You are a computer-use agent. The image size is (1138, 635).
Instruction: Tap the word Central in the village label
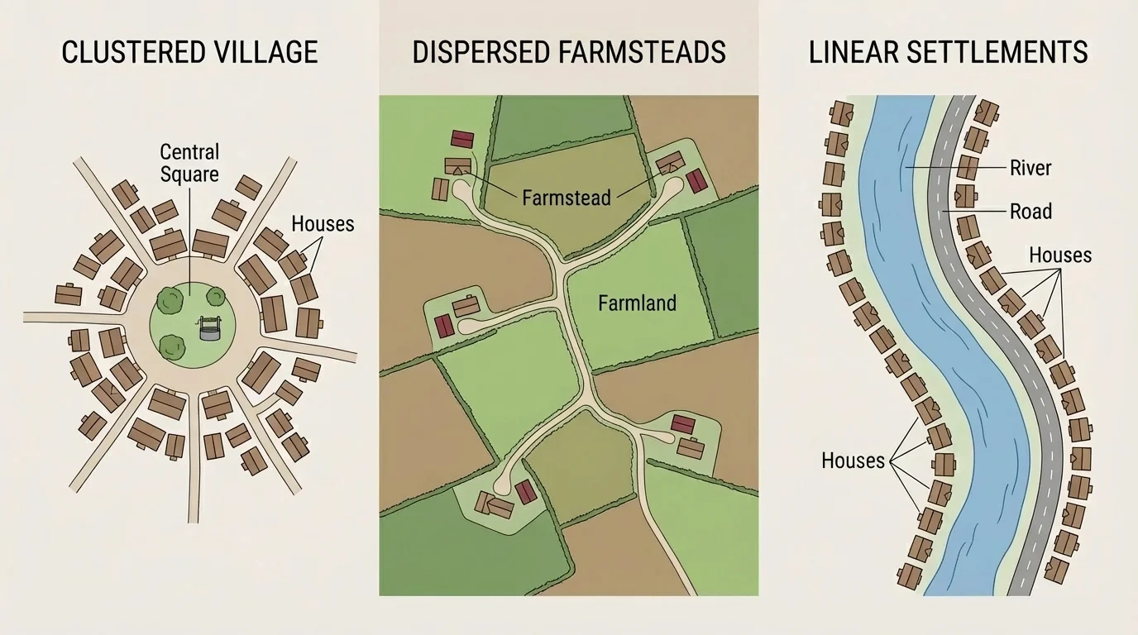pyautogui.click(x=189, y=152)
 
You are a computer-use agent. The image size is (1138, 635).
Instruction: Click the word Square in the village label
pyautogui.click(x=189, y=174)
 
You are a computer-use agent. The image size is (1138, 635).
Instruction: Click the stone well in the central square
pyautogui.click(x=210, y=330)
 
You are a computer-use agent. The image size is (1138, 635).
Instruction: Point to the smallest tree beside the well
pyautogui.click(x=216, y=296)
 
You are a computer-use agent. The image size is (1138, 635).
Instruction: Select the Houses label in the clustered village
pyautogui.click(x=323, y=223)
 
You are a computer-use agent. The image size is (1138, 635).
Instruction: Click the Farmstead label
pyautogui.click(x=567, y=198)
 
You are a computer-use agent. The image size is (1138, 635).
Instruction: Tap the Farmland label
pyautogui.click(x=637, y=303)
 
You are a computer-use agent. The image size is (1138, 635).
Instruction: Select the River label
pyautogui.click(x=1030, y=168)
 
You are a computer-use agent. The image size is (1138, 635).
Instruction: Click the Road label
pyautogui.click(x=1030, y=212)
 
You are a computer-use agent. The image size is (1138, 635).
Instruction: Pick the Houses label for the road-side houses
pyautogui.click(x=1059, y=255)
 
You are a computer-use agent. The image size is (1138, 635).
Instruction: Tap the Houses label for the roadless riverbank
pyautogui.click(x=853, y=461)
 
